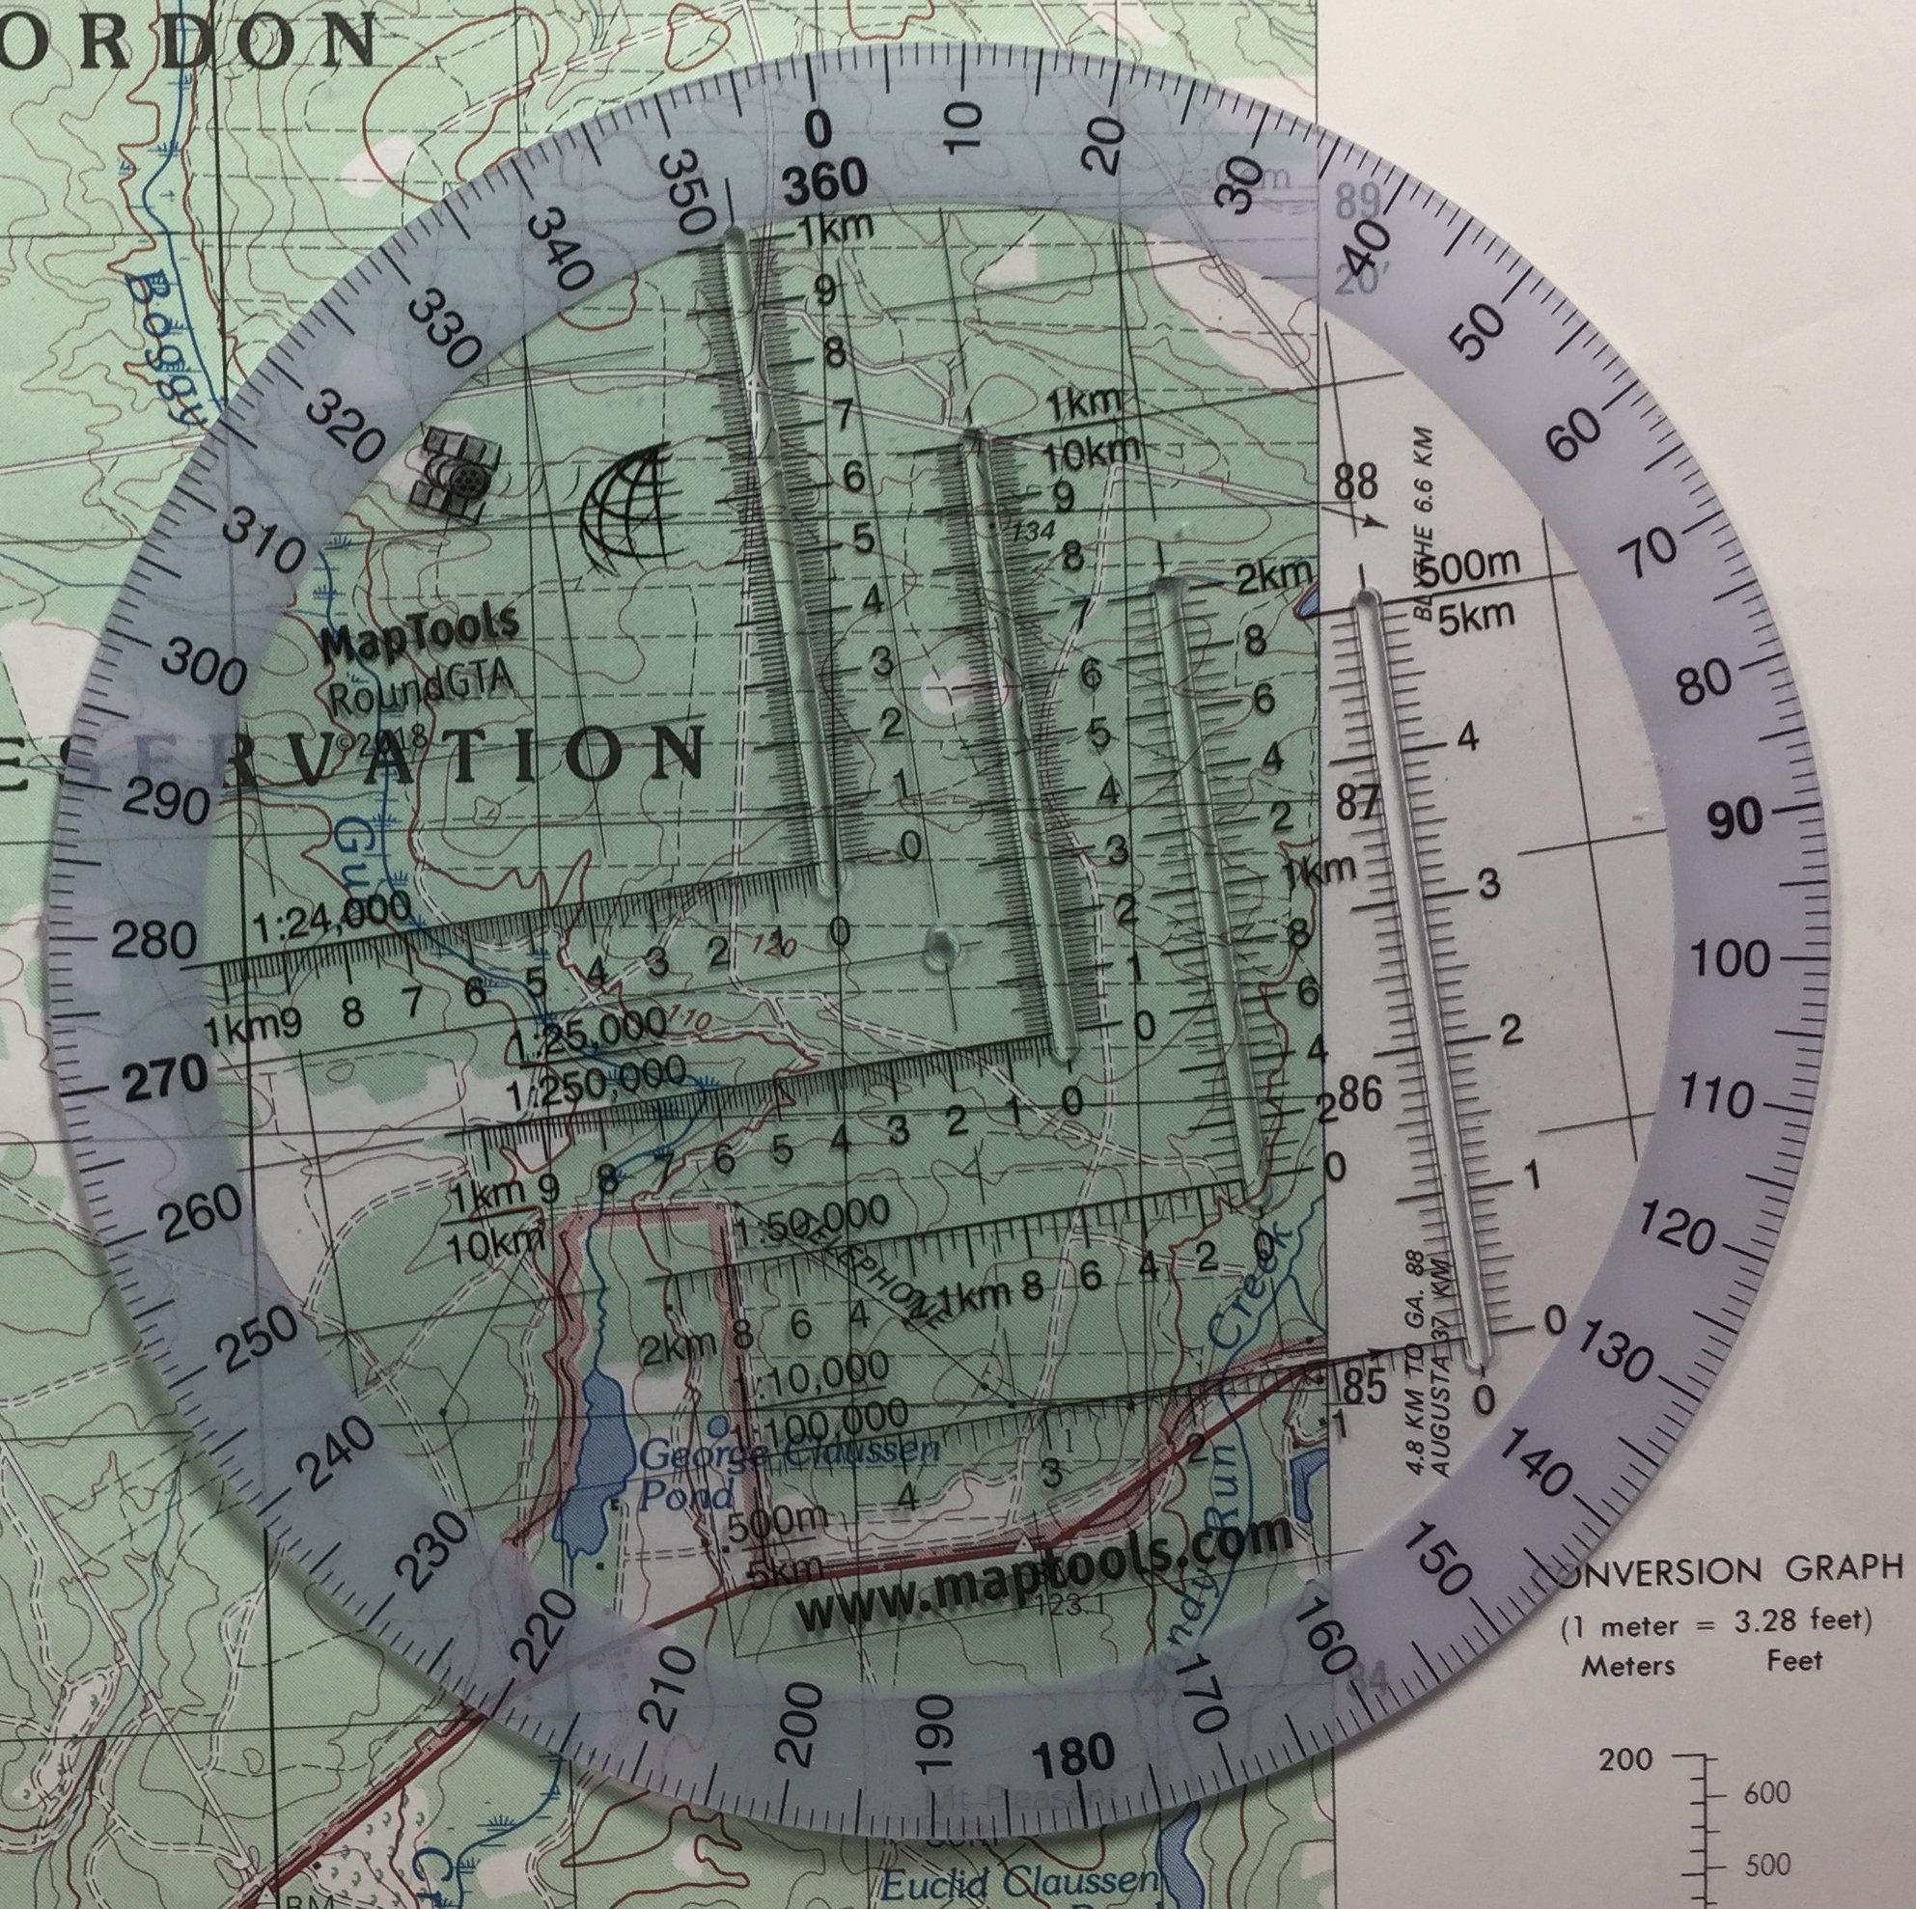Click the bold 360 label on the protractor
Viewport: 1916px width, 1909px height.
(x=824, y=181)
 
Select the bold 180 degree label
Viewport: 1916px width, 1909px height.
(x=1073, y=1756)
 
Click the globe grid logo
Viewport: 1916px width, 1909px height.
(x=624, y=516)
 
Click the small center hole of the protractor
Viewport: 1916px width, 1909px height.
(x=940, y=949)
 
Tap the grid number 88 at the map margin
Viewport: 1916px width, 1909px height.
(x=1356, y=483)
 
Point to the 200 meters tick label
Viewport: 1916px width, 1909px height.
(x=1625, y=1760)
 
